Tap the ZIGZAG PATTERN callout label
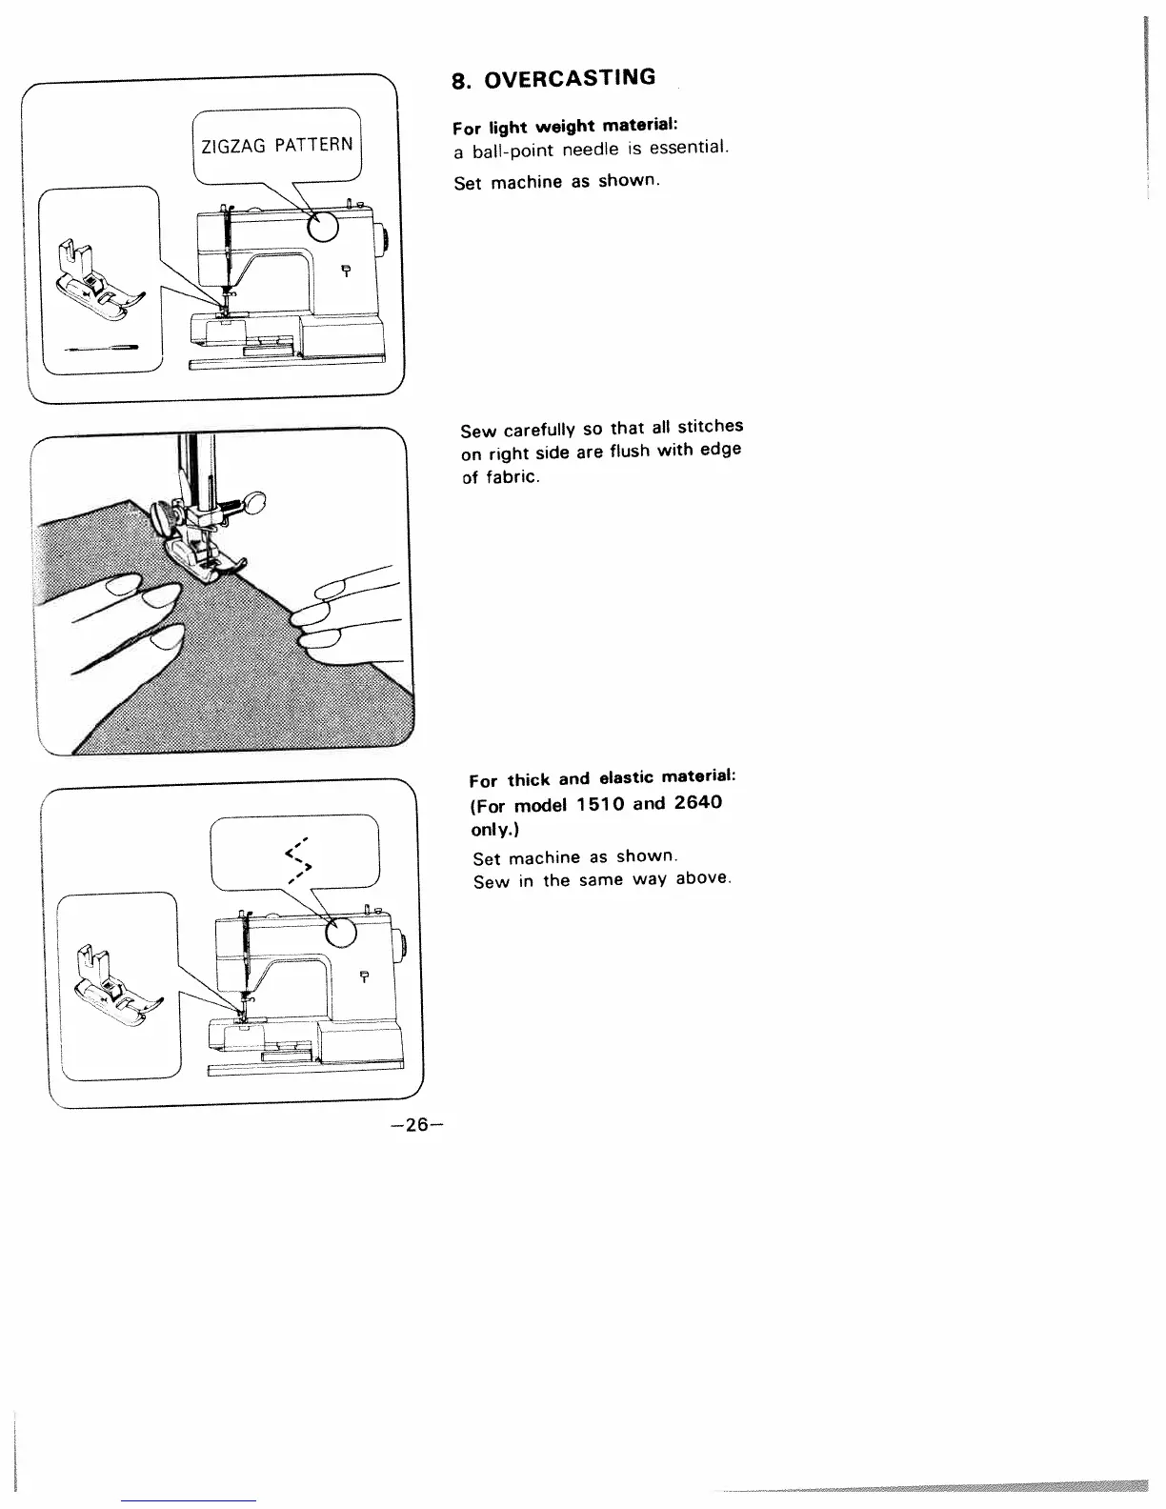(x=276, y=146)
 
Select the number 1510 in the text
(x=598, y=804)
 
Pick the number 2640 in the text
(x=698, y=802)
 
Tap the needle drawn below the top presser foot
(x=100, y=349)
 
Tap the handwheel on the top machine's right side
(x=383, y=241)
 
